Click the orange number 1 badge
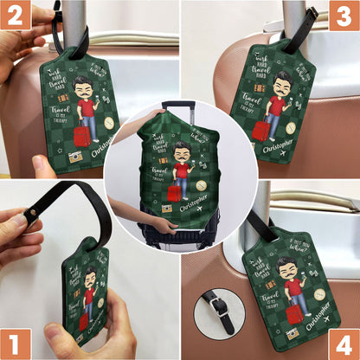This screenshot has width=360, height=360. click(x=16, y=343)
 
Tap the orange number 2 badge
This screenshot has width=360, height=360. click(x=16, y=16)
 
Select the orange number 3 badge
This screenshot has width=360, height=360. click(x=344, y=16)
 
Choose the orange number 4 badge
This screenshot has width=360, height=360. click(x=344, y=343)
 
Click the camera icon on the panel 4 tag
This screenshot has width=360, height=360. click(x=292, y=333)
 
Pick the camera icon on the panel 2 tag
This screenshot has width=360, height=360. click(x=75, y=157)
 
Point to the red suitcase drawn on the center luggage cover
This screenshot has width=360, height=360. click(x=174, y=192)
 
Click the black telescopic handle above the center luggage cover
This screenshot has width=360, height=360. click(x=180, y=106)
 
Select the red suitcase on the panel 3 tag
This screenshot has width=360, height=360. click(x=260, y=131)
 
